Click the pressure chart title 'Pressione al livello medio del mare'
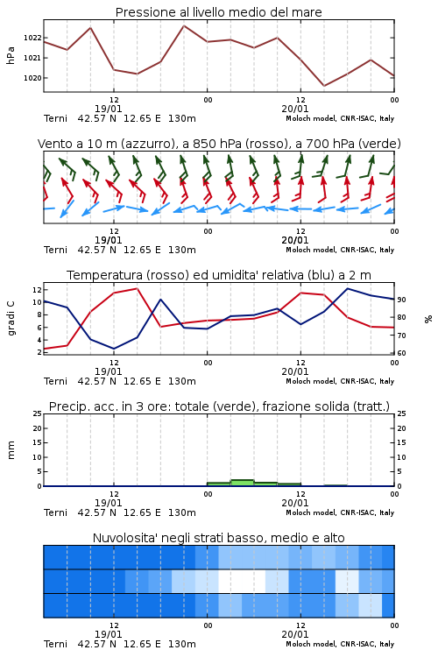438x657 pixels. point(218,12)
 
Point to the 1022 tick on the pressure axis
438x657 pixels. point(32,38)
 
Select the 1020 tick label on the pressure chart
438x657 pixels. point(32,78)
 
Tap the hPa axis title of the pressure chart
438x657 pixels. point(11,55)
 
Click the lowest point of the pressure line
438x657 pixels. point(324,86)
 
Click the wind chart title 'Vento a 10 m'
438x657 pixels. point(219,144)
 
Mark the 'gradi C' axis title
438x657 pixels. point(11,318)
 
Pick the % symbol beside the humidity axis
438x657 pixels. point(428,319)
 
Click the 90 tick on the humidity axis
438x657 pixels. point(401,300)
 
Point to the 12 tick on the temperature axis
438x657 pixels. point(37,290)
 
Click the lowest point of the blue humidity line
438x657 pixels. point(114,349)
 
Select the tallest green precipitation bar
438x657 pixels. point(243,483)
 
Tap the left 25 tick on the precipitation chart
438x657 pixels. point(37,413)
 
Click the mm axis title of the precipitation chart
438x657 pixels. point(11,450)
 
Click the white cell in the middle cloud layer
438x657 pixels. point(242,581)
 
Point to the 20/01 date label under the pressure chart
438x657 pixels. point(294,109)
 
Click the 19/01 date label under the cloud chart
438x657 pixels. point(108,634)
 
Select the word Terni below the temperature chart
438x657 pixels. point(55,381)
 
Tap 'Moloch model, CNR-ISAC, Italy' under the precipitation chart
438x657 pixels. point(340,512)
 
